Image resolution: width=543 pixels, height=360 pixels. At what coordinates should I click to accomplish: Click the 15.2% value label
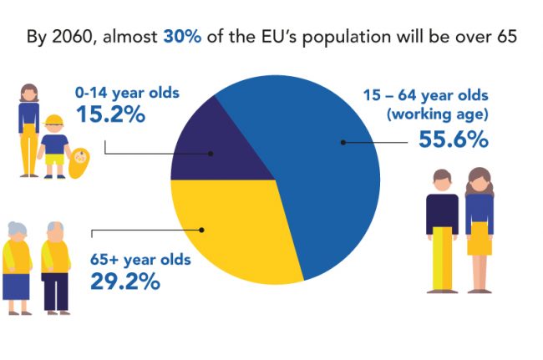[110, 114]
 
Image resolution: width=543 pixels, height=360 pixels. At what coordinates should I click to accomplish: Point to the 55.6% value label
[454, 139]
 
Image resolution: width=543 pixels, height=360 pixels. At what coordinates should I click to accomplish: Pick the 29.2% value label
[125, 281]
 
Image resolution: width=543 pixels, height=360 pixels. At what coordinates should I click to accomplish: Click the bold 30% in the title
[182, 37]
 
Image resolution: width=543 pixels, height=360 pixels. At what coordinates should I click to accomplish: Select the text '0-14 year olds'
[128, 93]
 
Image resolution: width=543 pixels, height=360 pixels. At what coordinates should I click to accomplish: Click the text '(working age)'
[438, 114]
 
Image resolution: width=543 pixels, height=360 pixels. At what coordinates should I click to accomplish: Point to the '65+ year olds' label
[140, 260]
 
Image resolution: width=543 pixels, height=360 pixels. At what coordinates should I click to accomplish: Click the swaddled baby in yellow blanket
[79, 163]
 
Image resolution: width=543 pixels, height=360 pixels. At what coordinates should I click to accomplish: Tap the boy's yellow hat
[53, 119]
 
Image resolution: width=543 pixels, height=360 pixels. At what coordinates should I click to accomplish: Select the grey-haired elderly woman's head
[17, 231]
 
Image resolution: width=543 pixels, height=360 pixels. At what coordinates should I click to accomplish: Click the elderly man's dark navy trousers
[56, 292]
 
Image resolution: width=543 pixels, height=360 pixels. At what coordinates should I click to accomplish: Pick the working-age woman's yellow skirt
[480, 239]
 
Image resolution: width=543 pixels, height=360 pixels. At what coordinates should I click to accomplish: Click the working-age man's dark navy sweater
[442, 213]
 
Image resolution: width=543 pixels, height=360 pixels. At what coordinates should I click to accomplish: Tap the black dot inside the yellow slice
[201, 230]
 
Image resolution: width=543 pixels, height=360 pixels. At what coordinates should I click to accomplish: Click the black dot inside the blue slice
[343, 142]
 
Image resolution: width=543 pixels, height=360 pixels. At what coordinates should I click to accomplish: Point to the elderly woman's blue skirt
[16, 286]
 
